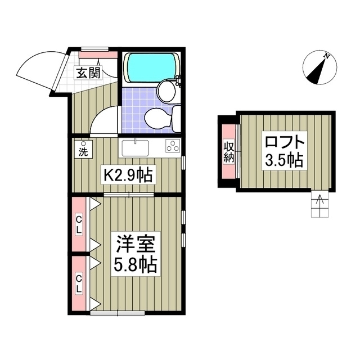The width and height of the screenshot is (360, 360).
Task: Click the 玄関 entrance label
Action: coord(89,73)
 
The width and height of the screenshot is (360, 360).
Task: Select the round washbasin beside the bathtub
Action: coord(166,91)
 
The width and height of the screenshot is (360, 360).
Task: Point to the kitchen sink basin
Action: coord(135,148)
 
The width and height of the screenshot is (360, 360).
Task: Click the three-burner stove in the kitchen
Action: coord(173,146)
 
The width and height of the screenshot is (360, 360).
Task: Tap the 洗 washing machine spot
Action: coord(83,149)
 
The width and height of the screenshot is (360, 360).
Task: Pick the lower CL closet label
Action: coord(79,284)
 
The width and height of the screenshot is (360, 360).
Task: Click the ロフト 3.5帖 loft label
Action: coord(285,151)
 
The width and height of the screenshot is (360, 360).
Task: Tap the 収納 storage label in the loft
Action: coord(229,151)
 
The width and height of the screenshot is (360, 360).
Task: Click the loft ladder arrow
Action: coord(319,202)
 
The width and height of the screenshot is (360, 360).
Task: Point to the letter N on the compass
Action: coord(326,56)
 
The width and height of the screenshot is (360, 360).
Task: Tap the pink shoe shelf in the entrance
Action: coord(98,55)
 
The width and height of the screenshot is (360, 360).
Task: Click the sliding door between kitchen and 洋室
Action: coord(129,195)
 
